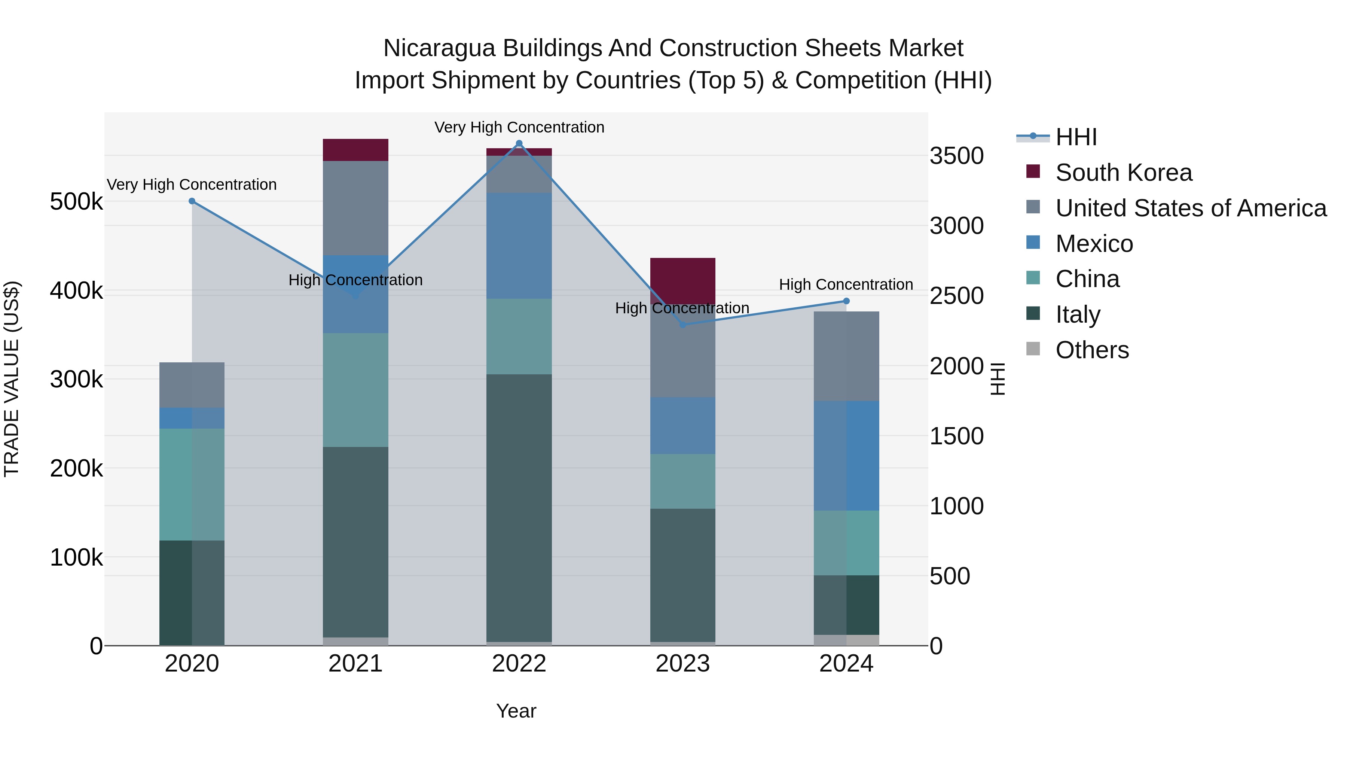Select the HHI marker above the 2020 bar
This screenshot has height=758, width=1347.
[192, 201]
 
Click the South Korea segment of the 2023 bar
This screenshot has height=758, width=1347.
[682, 280]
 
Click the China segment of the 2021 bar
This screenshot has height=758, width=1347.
[355, 390]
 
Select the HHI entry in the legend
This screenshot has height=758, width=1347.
[1076, 137]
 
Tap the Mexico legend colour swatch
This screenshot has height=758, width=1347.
[1033, 243]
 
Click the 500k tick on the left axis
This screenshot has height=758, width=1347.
[76, 202]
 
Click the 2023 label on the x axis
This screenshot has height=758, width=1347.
[682, 664]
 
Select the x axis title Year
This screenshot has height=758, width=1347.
[516, 711]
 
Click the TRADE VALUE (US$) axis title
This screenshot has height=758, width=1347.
[12, 379]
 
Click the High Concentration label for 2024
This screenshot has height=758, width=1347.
[846, 284]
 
